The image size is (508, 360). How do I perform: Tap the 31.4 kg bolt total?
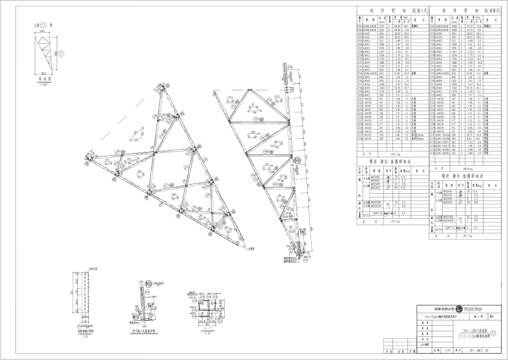coord(381,220)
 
